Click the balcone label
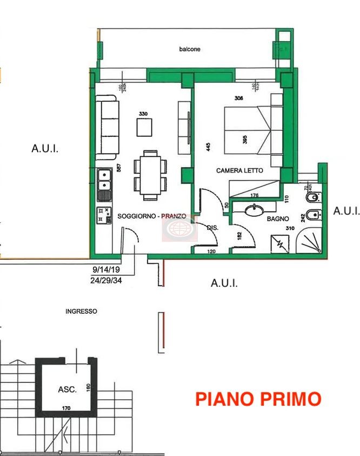(x=190, y=49)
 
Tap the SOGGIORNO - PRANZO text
(x=152, y=216)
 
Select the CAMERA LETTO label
(x=239, y=170)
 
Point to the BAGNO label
(x=277, y=219)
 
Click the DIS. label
(x=212, y=228)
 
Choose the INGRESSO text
(x=81, y=312)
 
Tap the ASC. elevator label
(x=68, y=389)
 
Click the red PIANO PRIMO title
(x=258, y=399)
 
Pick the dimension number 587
(x=118, y=168)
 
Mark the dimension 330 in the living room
(x=143, y=114)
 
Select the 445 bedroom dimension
(x=208, y=146)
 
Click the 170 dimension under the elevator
(x=66, y=408)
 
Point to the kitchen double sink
(x=104, y=184)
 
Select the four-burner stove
(x=104, y=215)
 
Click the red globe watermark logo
(x=180, y=228)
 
